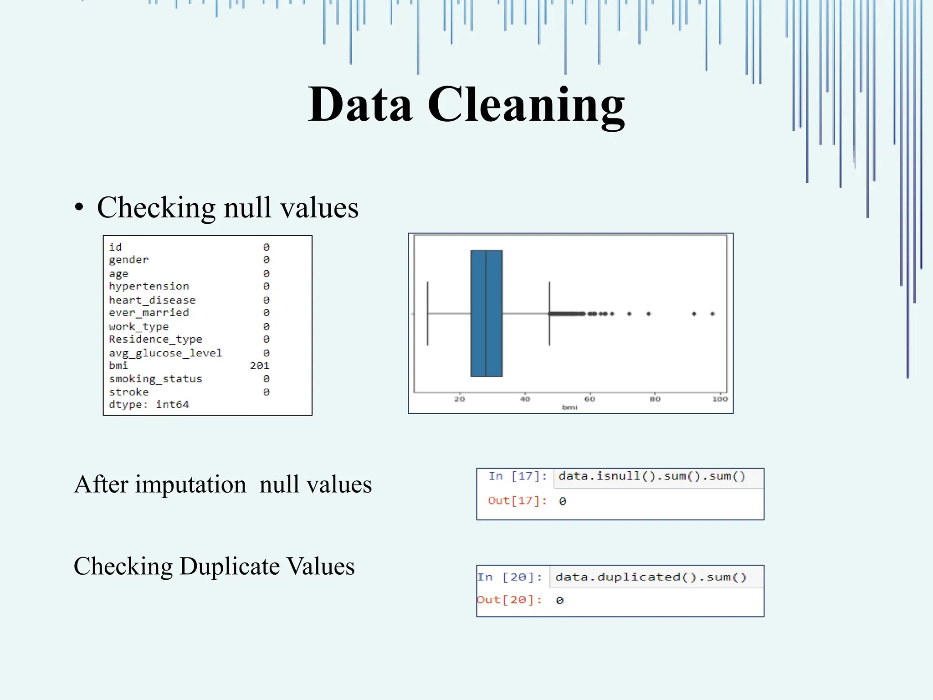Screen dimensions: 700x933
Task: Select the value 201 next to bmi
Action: click(260, 365)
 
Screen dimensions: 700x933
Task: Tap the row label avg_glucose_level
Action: click(165, 353)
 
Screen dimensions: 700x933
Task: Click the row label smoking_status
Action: click(155, 379)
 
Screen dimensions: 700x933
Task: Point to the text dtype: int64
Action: click(149, 405)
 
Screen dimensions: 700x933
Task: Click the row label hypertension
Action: click(149, 286)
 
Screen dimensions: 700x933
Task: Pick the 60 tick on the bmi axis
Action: click(590, 399)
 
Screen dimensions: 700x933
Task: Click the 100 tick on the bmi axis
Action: click(720, 399)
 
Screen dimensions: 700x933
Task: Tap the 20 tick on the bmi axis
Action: click(460, 399)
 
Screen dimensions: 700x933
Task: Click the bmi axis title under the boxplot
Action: click(569, 407)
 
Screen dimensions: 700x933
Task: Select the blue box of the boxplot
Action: click(487, 314)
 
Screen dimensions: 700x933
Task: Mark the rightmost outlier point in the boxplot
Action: click(713, 314)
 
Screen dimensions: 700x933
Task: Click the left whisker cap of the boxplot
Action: click(427, 314)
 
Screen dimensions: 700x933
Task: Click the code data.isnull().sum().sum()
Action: click(651, 476)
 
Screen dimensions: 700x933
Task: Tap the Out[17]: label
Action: click(517, 501)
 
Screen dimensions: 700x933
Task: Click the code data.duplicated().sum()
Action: click(651, 577)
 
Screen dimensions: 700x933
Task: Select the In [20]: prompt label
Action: click(509, 577)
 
